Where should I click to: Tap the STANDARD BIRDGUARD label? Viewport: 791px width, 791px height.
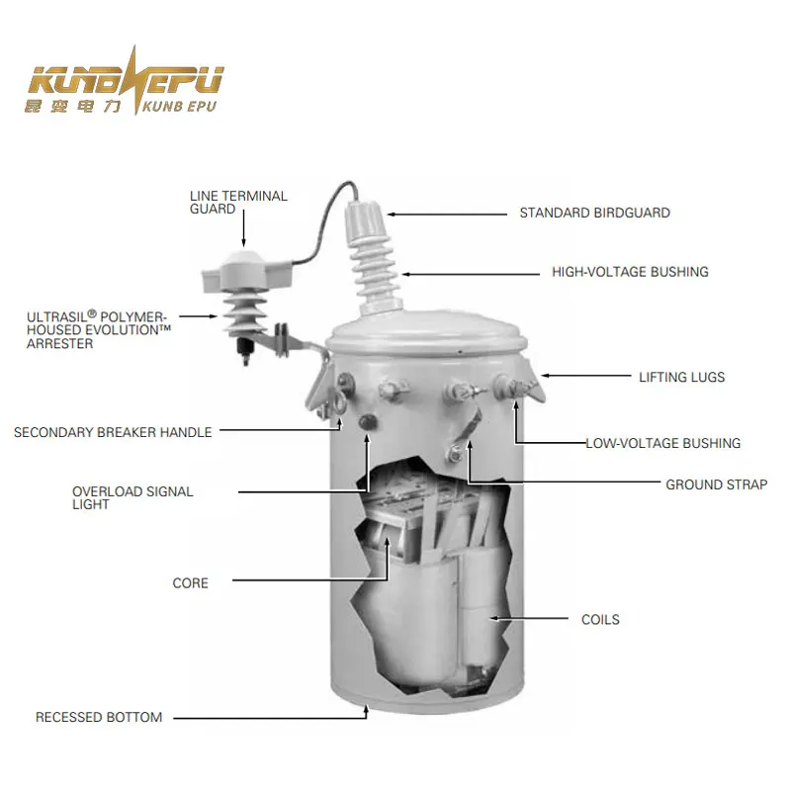pyautogui.click(x=594, y=213)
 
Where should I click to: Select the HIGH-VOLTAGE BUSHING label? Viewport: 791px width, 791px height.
pyautogui.click(x=630, y=272)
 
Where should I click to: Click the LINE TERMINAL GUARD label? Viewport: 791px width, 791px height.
pyautogui.click(x=238, y=203)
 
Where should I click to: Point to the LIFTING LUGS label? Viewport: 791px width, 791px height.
pyautogui.click(x=681, y=377)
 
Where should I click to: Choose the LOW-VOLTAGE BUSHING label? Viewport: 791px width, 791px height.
pyautogui.click(x=662, y=443)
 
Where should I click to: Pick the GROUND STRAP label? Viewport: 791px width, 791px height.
pyautogui.click(x=716, y=484)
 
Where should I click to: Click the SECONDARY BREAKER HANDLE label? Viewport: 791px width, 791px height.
pyautogui.click(x=113, y=432)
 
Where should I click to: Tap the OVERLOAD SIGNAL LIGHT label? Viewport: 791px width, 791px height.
pyautogui.click(x=132, y=497)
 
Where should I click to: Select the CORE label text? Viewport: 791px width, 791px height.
pyautogui.click(x=191, y=583)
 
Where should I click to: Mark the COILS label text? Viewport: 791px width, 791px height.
pyautogui.click(x=600, y=620)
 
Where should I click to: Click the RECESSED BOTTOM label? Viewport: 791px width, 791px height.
pyautogui.click(x=99, y=717)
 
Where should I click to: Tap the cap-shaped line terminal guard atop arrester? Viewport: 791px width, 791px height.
pyautogui.click(x=241, y=270)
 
